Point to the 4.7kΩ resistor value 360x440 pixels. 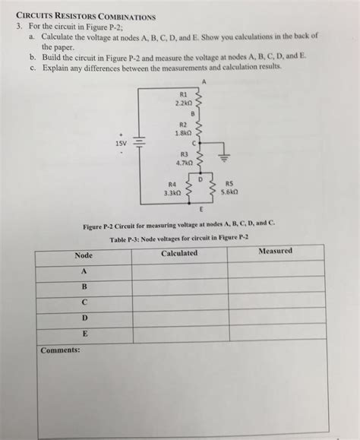point(185,162)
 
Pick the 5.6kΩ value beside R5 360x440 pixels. point(229,192)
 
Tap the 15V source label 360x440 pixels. point(122,142)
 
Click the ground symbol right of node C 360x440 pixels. point(223,157)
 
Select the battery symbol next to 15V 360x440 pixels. point(139,143)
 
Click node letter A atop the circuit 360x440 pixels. point(204,81)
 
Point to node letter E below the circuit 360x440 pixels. point(201,208)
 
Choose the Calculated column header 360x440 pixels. point(179,253)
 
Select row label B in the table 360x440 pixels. point(84,286)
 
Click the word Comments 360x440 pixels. point(60,350)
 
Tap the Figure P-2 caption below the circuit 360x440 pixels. point(179,226)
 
